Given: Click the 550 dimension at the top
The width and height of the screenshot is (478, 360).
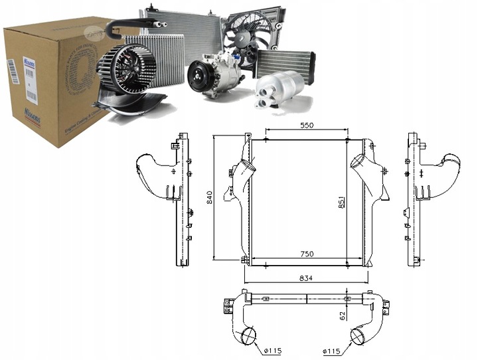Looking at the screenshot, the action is (x=306, y=125).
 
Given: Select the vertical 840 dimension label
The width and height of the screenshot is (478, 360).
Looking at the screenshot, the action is (x=210, y=197).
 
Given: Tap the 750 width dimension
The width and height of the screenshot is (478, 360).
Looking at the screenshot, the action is (x=306, y=254).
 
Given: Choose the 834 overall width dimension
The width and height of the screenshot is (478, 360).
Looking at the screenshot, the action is (x=306, y=277).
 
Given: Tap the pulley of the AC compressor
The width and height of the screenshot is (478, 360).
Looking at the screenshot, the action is (x=197, y=76).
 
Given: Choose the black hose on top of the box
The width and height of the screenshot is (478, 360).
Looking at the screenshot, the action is (x=126, y=26).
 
